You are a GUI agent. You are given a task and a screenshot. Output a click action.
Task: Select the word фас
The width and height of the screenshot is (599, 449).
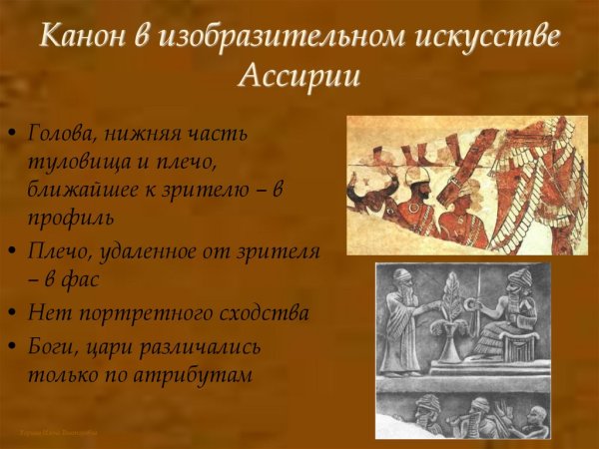coord(80,280)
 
